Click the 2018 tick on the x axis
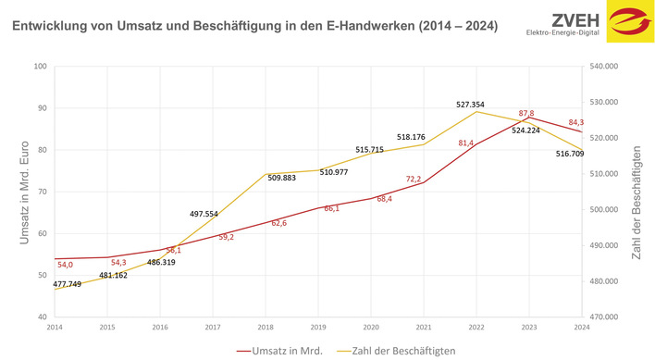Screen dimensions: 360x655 266,327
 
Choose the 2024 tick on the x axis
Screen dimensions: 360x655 583,327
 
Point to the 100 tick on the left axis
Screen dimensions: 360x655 41,67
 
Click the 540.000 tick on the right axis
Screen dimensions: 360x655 609,67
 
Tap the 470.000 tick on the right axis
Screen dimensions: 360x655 609,317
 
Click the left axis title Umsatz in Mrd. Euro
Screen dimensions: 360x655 25,192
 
